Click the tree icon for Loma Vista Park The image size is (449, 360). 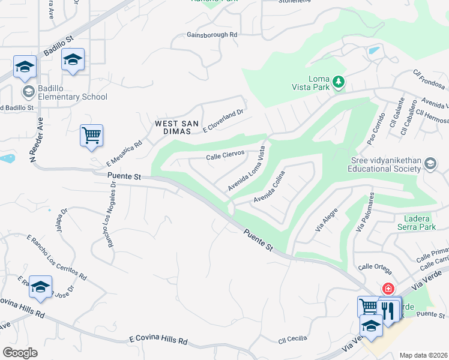(339, 81)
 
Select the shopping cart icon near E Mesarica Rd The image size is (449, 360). (91, 135)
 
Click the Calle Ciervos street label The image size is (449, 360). (225, 155)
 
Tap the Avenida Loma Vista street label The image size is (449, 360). (246, 170)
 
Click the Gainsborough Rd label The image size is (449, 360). (212, 35)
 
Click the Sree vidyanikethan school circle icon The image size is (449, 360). (430, 164)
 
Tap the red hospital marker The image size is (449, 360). (388, 289)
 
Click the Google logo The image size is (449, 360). (20, 353)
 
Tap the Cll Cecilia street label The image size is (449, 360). (293, 340)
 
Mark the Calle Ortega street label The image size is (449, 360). (375, 266)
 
